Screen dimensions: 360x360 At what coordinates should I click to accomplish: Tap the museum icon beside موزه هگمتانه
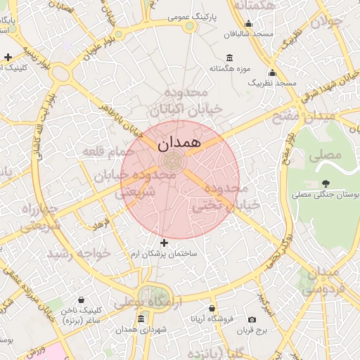point(230,58)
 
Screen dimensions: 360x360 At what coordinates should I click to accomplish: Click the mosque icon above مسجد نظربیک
point(272,72)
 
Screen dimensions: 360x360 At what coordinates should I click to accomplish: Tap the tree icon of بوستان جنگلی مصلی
point(325,184)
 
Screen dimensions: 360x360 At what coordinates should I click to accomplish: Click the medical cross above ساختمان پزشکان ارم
point(165,243)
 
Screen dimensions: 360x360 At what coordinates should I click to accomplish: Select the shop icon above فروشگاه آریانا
point(212,308)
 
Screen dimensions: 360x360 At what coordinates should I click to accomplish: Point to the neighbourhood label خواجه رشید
point(78,252)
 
